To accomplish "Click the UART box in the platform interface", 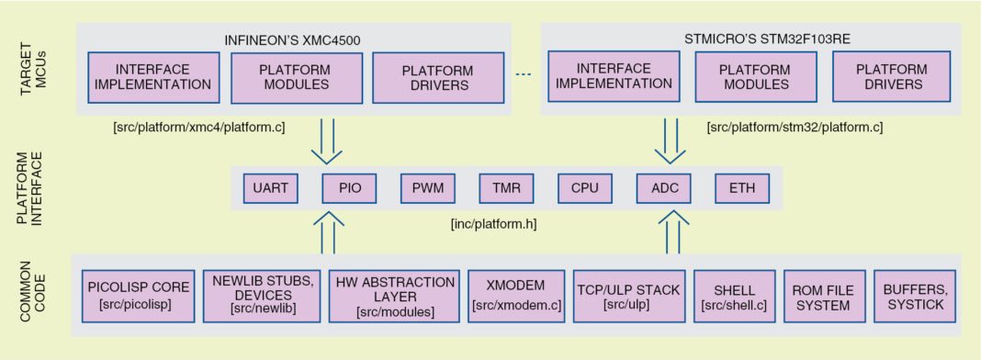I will tap(270, 188).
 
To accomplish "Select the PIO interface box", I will tap(349, 188).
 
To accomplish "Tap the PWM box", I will tap(427, 188).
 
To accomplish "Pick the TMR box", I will tap(506, 188).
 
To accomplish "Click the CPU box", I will tap(585, 188).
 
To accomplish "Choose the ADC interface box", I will tap(663, 188).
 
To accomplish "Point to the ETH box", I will tap(741, 188).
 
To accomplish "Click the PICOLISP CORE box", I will tap(137, 297).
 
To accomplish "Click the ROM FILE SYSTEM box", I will tap(817, 297).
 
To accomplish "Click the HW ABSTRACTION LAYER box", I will tap(394, 297).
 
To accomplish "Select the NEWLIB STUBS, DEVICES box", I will tap(260, 297).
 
